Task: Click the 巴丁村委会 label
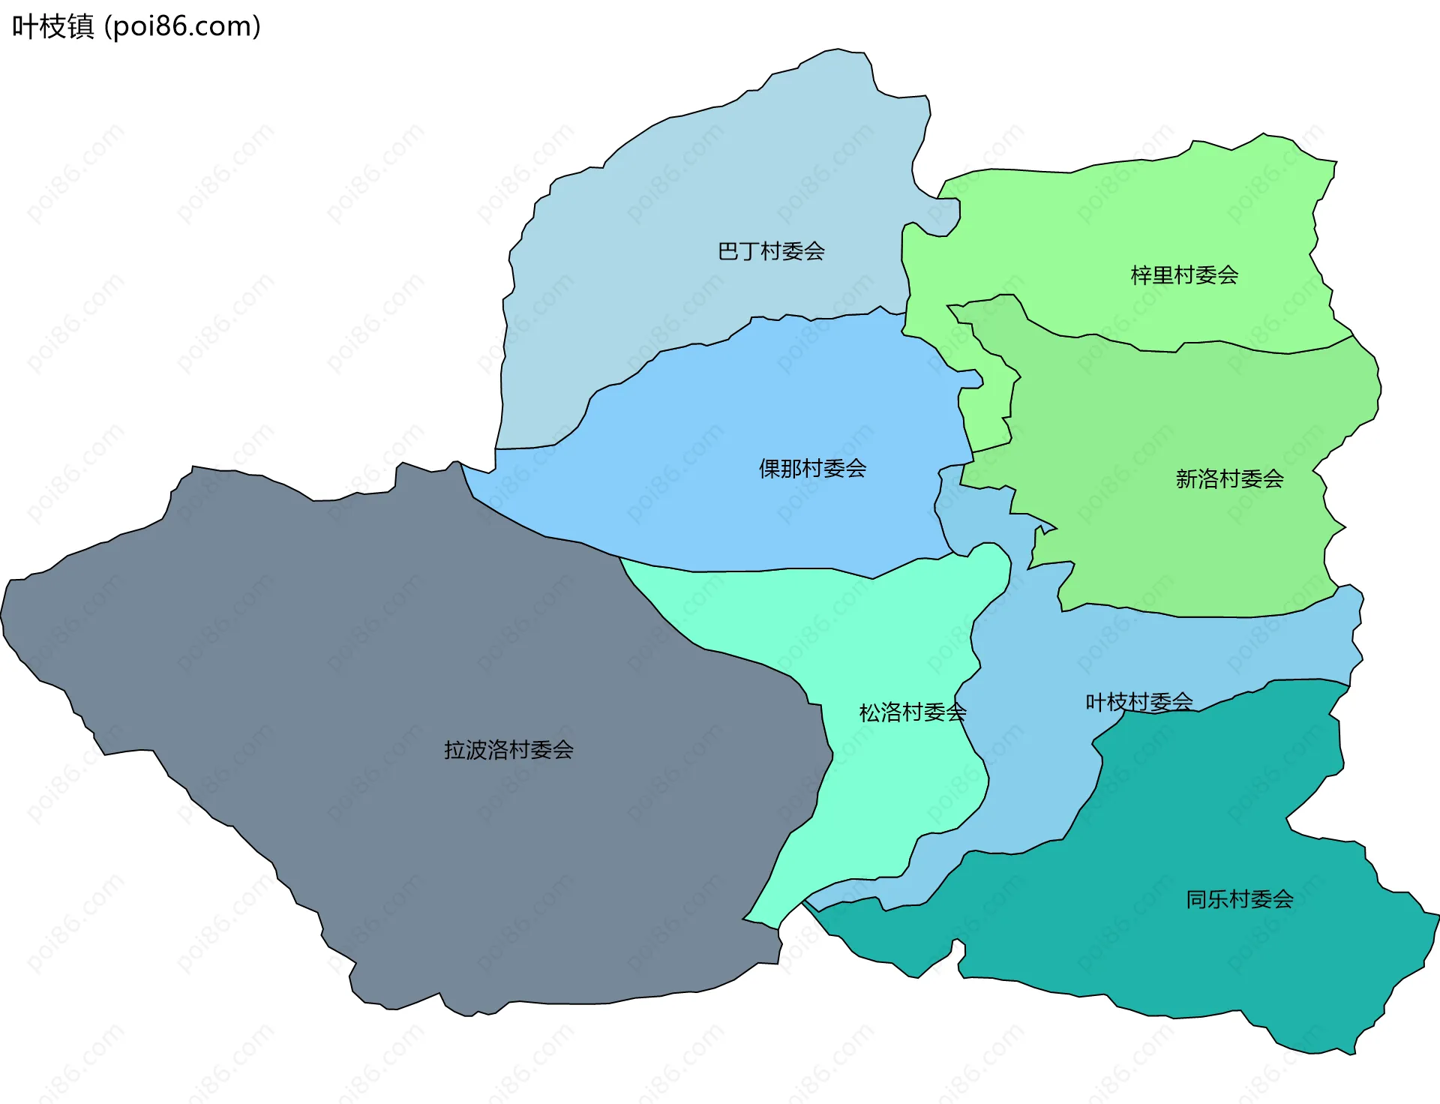(x=771, y=251)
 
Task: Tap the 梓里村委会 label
(x=1184, y=275)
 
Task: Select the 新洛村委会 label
(x=1229, y=478)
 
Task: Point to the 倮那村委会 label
(x=812, y=469)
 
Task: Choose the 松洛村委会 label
(x=912, y=712)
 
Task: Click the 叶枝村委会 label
(x=1138, y=702)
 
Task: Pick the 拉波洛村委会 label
(x=508, y=750)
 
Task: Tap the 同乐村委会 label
(x=1240, y=899)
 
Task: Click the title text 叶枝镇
(x=53, y=27)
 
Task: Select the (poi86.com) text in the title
(x=183, y=27)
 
